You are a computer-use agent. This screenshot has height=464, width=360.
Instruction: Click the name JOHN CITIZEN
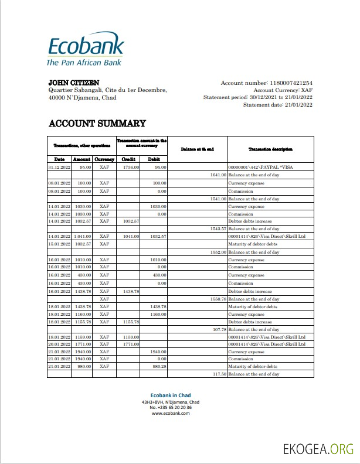(73, 83)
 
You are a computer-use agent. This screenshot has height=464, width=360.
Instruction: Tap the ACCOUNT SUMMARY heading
(97, 123)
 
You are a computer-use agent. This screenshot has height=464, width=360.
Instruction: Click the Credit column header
(128, 159)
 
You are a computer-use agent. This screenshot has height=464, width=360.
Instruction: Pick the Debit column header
(154, 159)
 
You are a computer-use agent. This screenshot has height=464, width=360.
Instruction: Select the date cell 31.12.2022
(59, 168)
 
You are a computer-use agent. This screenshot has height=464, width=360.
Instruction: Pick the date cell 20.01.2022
(59, 344)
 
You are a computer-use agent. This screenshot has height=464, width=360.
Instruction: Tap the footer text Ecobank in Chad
(171, 395)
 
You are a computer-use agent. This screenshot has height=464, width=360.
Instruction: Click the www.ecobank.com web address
(171, 413)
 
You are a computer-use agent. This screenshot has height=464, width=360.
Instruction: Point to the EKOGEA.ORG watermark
(318, 449)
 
